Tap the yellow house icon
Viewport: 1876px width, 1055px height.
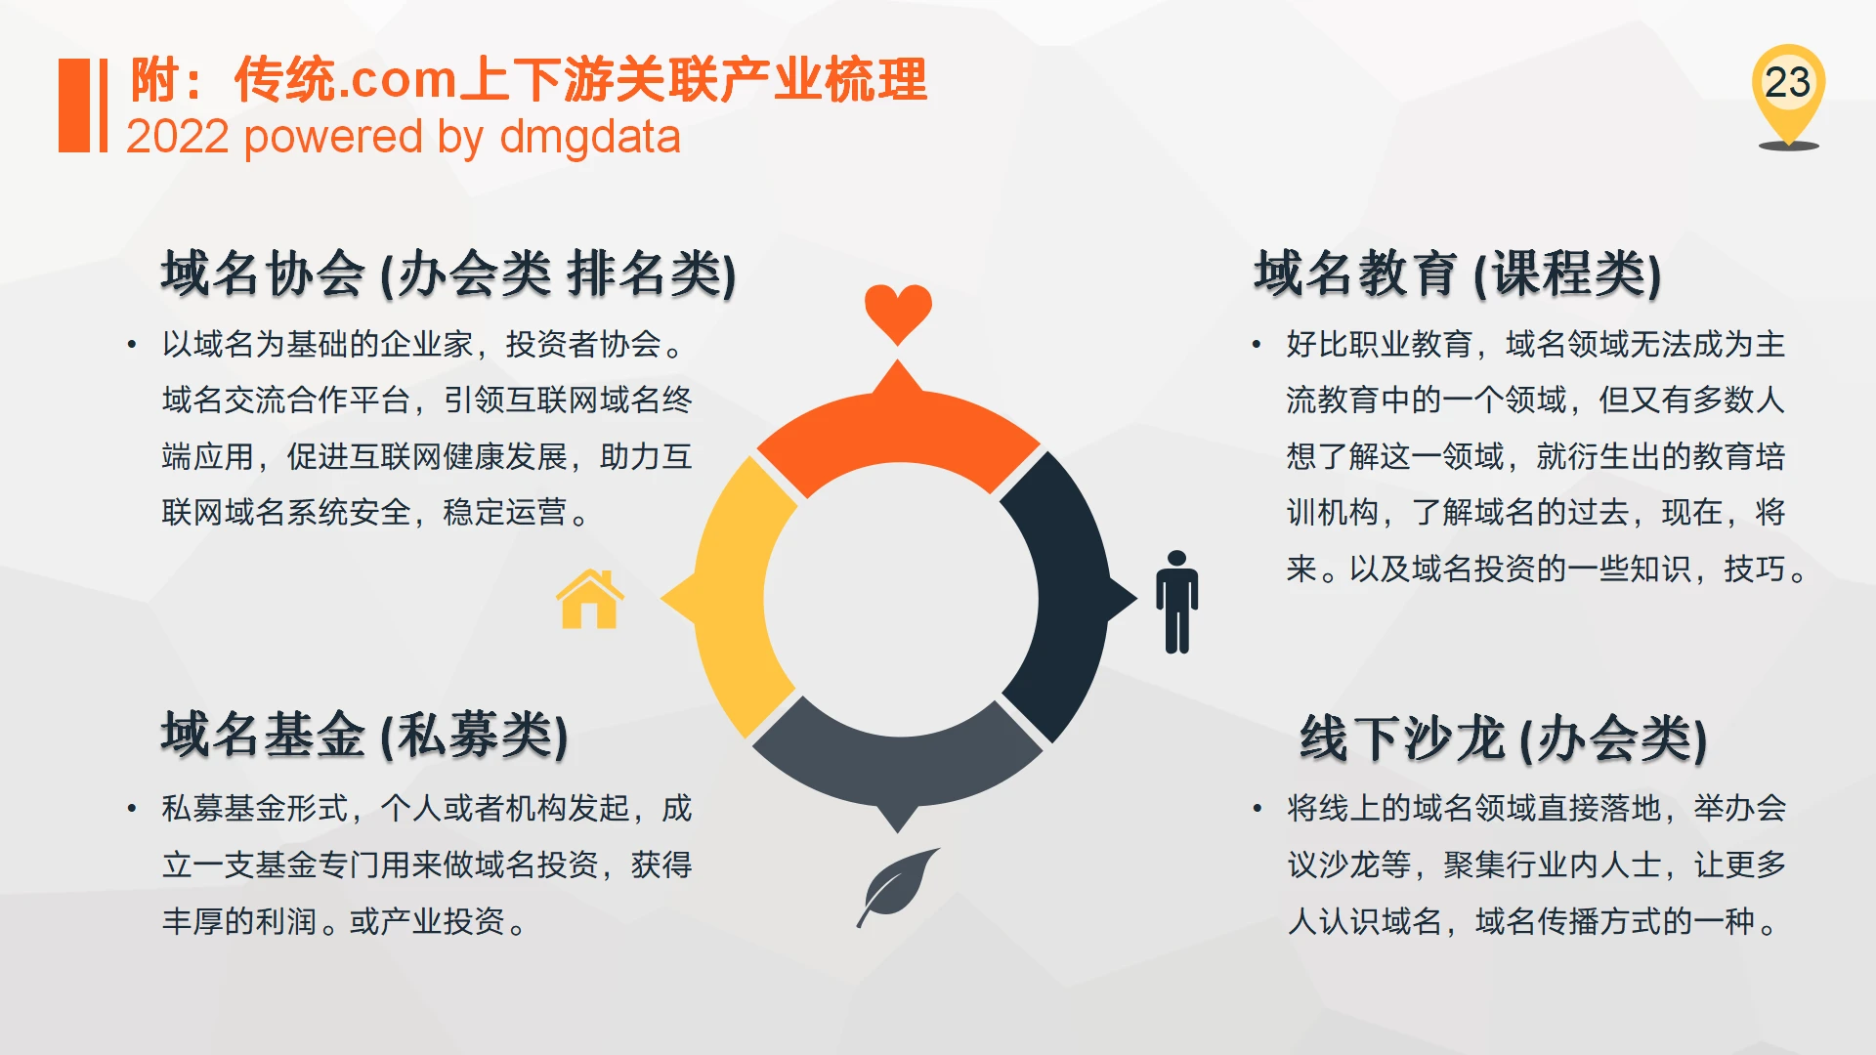pos(589,599)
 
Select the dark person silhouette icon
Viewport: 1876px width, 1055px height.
pos(1176,602)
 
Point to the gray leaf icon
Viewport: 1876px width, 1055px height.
pos(897,887)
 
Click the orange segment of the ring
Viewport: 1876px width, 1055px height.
pos(897,430)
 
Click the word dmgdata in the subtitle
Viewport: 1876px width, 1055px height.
pos(590,137)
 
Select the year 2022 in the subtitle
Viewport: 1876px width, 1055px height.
pos(178,137)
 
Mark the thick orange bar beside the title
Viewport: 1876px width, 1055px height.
pos(74,105)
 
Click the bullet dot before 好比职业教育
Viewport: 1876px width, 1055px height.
pos(1257,345)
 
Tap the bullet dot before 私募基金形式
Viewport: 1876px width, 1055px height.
pos(132,809)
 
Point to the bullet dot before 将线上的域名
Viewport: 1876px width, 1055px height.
pos(1257,809)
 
